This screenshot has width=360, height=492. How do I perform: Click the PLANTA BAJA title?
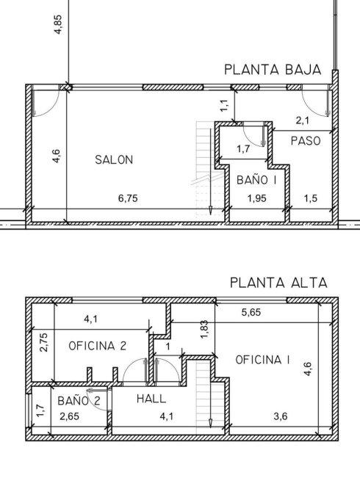pyautogui.click(x=273, y=70)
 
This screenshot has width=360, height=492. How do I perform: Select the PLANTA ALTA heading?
pyautogui.click(x=278, y=283)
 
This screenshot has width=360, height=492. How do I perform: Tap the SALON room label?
pyautogui.click(x=114, y=159)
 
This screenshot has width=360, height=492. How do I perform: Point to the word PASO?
pyautogui.click(x=306, y=141)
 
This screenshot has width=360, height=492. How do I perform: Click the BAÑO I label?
pyautogui.click(x=256, y=179)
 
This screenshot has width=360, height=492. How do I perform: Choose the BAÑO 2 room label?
pyautogui.click(x=79, y=400)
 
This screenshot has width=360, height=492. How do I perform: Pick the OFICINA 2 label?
pyautogui.click(x=97, y=346)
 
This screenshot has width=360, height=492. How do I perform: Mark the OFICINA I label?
pyautogui.click(x=263, y=360)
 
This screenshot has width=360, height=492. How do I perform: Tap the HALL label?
pyautogui.click(x=151, y=399)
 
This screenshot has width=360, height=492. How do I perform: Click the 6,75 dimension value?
pyautogui.click(x=128, y=198)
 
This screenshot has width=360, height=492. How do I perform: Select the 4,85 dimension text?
pyautogui.click(x=58, y=24)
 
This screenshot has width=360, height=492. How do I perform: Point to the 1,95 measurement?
pyautogui.click(x=256, y=198)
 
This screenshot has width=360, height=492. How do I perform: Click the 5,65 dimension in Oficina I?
pyautogui.click(x=251, y=313)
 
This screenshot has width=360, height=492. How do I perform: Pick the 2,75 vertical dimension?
pyautogui.click(x=44, y=342)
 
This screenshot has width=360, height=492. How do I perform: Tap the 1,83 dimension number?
pyautogui.click(x=204, y=330)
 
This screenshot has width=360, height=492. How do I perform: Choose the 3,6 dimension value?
pyautogui.click(x=280, y=416)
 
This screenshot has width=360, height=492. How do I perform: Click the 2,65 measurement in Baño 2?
pyautogui.click(x=69, y=416)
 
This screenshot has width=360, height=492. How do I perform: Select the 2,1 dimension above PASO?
pyautogui.click(x=303, y=120)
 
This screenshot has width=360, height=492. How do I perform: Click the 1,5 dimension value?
pyautogui.click(x=311, y=198)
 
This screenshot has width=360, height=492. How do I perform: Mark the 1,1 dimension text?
pyautogui.click(x=224, y=106)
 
